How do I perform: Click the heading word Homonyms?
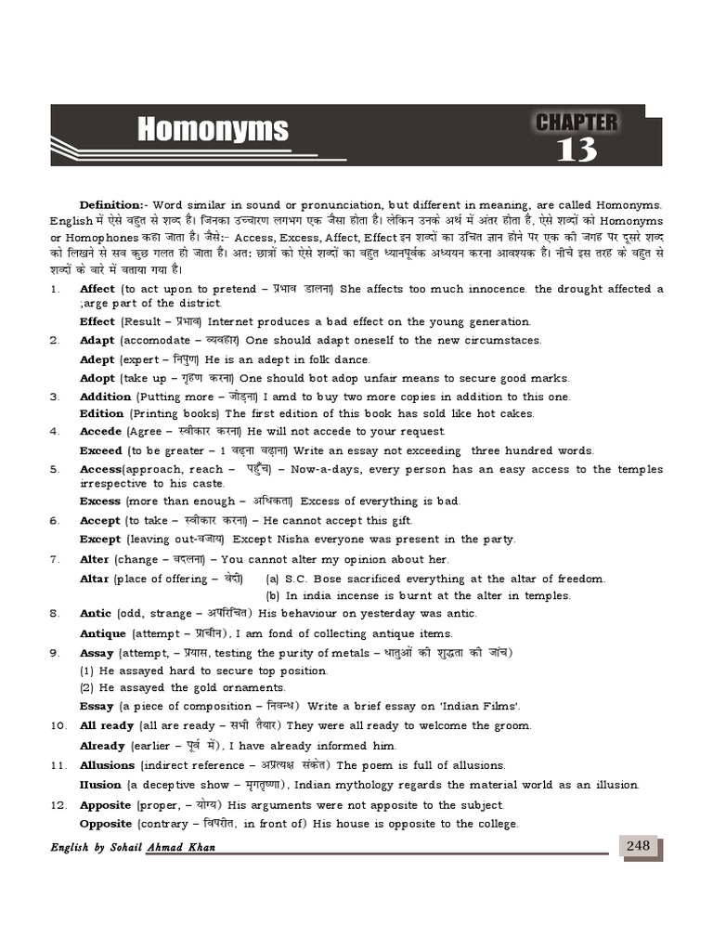[213, 130]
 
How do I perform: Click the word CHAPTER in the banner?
[577, 122]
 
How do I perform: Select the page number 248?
[638, 845]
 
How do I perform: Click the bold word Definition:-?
[112, 204]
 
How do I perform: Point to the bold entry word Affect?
[97, 289]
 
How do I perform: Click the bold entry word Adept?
[97, 359]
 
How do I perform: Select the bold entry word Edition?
[101, 413]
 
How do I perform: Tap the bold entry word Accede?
[100, 431]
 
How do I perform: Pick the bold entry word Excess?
[100, 502]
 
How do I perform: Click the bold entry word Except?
[100, 540]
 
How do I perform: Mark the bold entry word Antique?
[102, 633]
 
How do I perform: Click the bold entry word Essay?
[97, 706]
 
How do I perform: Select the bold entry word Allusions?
[108, 765]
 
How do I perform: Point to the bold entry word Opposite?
[105, 824]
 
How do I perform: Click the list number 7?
[55, 559]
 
